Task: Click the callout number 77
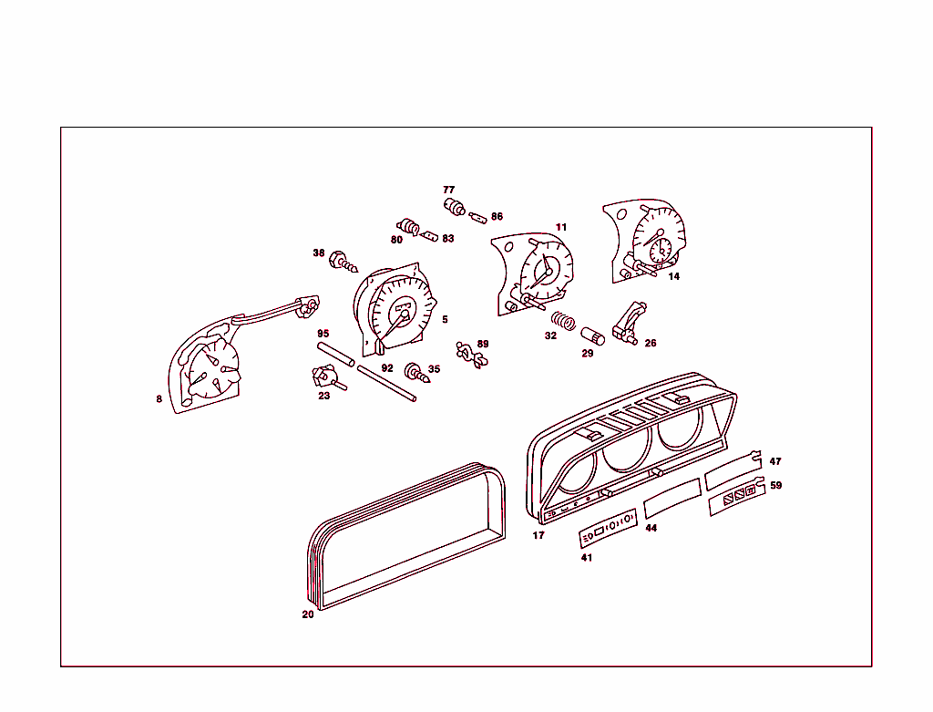[x=449, y=190]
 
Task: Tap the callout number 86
[x=497, y=217]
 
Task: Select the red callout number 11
[x=561, y=227]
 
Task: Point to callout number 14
[x=673, y=276]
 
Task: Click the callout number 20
[x=308, y=614]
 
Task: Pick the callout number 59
[x=775, y=486]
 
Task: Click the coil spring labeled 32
[x=562, y=321]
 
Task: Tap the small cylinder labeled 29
[x=594, y=335]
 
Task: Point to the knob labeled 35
[x=417, y=371]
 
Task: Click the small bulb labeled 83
[x=431, y=233]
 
